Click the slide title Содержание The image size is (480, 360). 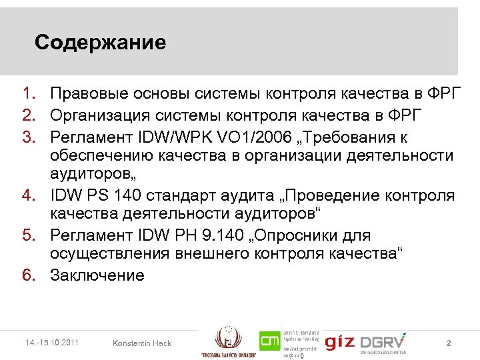point(100,43)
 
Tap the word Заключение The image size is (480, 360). point(97,276)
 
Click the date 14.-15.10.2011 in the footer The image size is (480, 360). point(49,343)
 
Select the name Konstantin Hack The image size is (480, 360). point(142,343)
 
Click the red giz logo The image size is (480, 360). point(340,342)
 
